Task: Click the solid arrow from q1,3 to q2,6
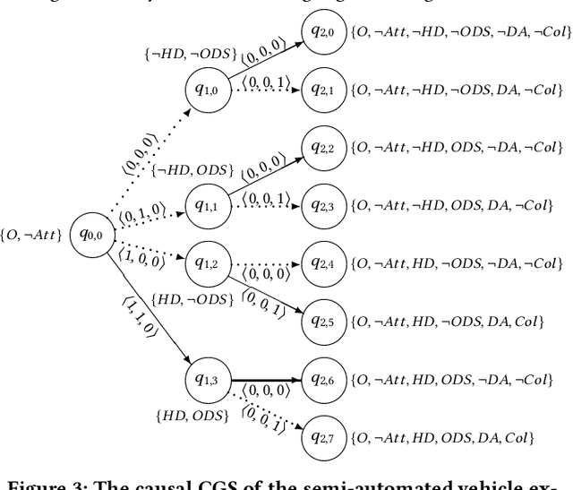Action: click(266, 379)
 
